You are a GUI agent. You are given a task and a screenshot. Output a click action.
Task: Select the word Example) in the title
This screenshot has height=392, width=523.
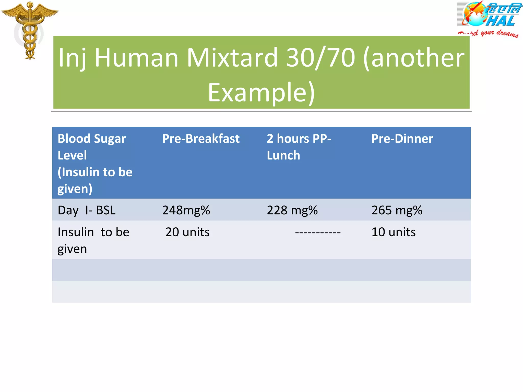point(261,92)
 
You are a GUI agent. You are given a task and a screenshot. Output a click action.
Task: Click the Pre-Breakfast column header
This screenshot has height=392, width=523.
point(201,139)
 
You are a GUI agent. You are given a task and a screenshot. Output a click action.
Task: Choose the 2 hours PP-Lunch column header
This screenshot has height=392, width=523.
point(299,147)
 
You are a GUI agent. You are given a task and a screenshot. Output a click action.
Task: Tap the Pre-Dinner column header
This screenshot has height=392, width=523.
point(402,139)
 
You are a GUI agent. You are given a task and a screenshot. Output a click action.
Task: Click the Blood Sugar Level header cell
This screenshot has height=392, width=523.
point(95,163)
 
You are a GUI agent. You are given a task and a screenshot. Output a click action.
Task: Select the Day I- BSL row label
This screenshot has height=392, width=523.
point(87,211)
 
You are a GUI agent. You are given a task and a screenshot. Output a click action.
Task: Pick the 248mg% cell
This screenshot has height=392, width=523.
point(186,211)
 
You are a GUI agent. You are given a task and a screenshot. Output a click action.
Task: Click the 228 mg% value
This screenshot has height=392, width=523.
point(292,211)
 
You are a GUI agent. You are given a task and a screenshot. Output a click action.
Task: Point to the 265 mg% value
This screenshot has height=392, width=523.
point(397,211)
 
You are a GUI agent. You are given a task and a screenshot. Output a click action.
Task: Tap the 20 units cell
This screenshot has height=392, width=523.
point(187,232)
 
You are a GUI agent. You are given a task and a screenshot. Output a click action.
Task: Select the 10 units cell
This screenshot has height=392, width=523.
point(393,232)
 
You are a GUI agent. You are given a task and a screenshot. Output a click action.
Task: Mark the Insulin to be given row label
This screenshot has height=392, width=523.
point(93,240)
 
